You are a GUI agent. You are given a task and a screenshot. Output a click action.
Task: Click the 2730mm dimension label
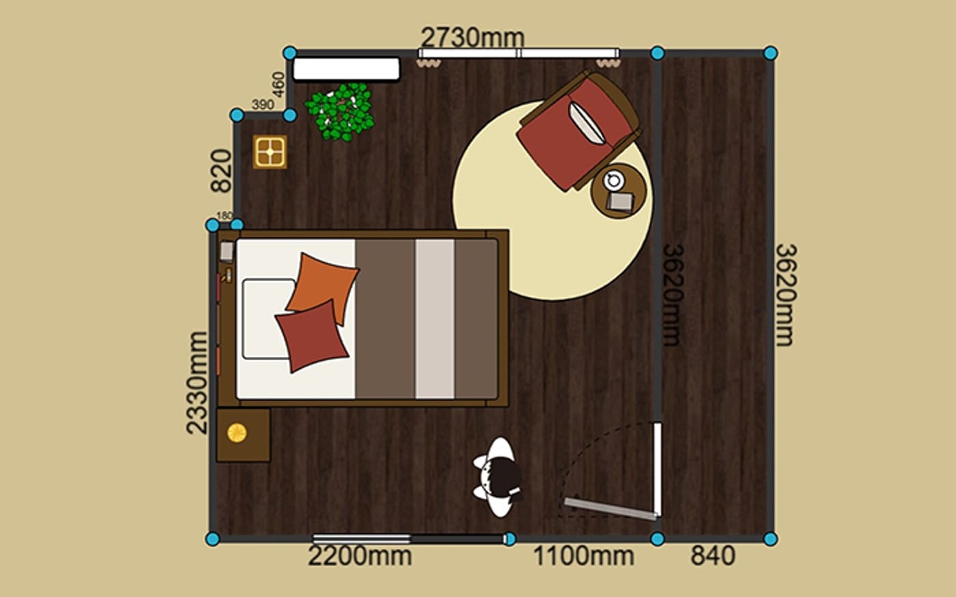point(473,38)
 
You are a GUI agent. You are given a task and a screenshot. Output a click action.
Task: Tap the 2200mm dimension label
point(360,556)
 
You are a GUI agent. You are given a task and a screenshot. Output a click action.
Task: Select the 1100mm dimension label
point(584,556)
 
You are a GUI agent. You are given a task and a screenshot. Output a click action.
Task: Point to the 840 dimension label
point(713,556)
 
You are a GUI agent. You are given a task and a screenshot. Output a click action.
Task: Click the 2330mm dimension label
point(197,383)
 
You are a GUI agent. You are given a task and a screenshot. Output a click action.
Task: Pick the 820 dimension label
point(221,171)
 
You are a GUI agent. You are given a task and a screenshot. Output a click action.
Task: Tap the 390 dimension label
point(262,104)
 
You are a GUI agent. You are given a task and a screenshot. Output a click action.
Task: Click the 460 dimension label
point(279,85)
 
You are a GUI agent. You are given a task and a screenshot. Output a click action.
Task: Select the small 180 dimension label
point(225,216)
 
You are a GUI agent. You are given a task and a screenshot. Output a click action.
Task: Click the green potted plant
point(340,112)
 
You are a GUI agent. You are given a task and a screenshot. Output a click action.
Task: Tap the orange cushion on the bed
point(323,288)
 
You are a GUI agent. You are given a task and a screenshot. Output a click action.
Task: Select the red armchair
point(578,130)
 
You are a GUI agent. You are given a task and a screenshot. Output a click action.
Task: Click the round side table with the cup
point(619,191)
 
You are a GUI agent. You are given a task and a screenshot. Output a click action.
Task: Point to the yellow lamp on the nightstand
point(236,433)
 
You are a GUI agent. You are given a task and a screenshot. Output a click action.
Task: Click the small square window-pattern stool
point(270,151)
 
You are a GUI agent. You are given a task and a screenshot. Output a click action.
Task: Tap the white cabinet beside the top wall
point(346,69)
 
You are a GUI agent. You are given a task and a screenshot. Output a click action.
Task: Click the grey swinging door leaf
point(610,509)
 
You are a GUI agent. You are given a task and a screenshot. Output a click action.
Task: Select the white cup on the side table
point(614,180)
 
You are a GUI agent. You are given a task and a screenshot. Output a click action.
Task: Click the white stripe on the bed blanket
point(434,319)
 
